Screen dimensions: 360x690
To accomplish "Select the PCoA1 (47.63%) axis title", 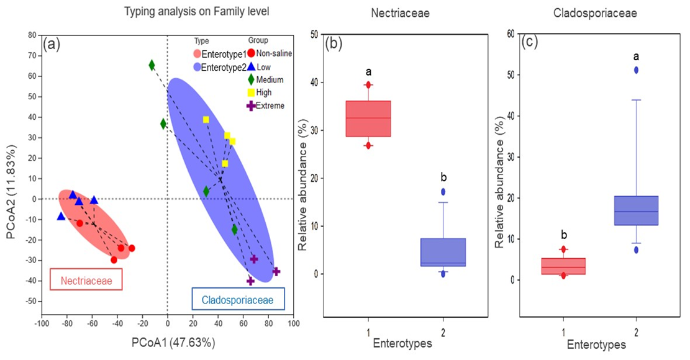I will click(x=168, y=342).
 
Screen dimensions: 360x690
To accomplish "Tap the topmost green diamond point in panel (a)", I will click(x=152, y=65).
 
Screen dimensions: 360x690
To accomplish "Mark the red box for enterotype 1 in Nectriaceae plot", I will click(x=368, y=118).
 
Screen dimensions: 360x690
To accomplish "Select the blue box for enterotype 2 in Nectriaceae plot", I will click(x=443, y=252).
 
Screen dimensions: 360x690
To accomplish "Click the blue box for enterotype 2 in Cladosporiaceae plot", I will click(x=637, y=210).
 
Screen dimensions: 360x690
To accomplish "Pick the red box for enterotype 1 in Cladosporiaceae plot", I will click(x=563, y=266).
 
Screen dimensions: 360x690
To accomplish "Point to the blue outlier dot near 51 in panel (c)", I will click(x=637, y=70).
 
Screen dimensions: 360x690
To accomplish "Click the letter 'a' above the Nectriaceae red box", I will click(x=368, y=71).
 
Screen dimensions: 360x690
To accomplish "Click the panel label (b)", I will click(x=334, y=44).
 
